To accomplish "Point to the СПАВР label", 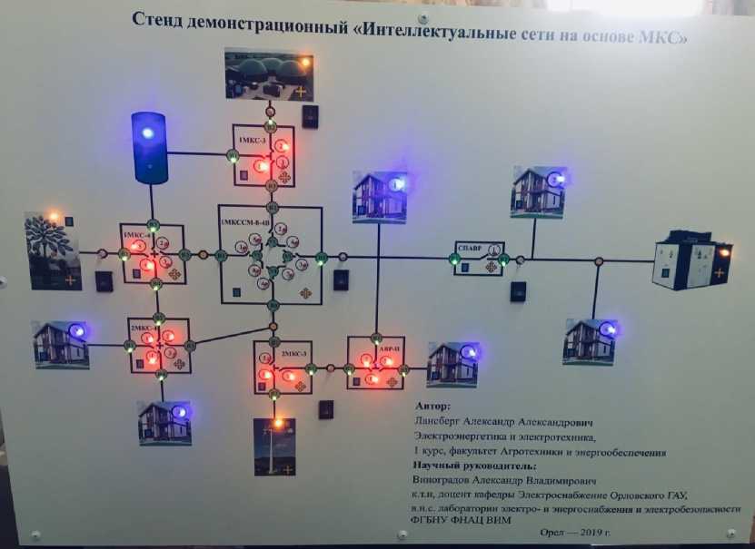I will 470,247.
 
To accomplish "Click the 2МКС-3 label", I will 293,351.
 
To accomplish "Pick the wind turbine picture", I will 274,447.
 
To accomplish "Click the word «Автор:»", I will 432,407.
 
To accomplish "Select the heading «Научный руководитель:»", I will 468,465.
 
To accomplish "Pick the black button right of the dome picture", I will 311,115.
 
